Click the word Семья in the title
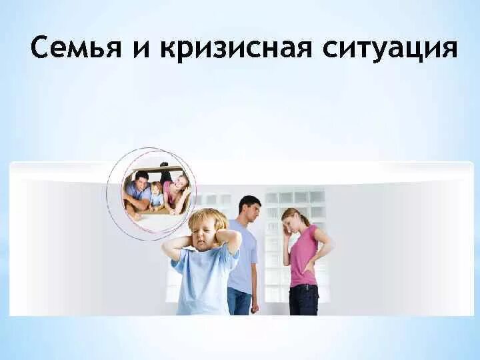pyautogui.click(x=76, y=47)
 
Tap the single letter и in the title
pyautogui.click(x=142, y=49)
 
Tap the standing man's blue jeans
pyautogui.click(x=239, y=301)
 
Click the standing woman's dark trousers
pyautogui.click(x=304, y=300)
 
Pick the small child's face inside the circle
pyautogui.click(x=157, y=191)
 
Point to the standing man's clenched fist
pyautogui.click(x=255, y=307)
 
